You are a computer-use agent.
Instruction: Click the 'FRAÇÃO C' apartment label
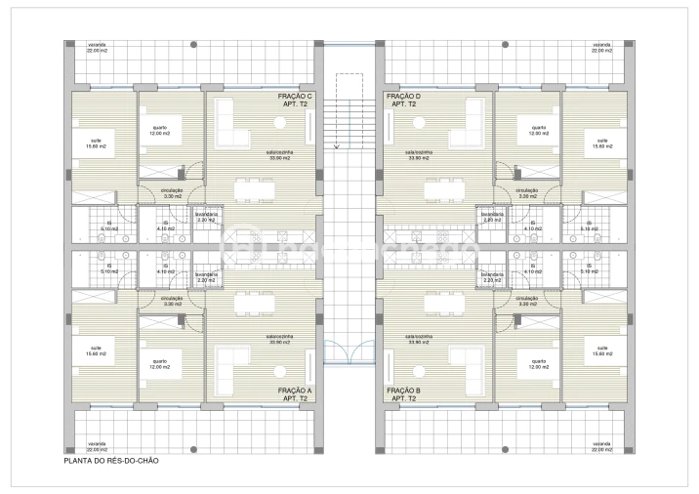coord(296,97)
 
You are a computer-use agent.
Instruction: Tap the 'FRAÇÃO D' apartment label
coord(403,97)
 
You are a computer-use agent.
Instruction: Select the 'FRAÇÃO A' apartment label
coord(296,391)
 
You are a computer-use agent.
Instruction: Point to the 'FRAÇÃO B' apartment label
coord(403,391)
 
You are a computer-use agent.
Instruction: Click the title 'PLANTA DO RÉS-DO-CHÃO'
coord(110,460)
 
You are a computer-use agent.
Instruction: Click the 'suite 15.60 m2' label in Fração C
coord(96,144)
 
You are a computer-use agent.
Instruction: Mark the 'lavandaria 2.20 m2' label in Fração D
coord(491,217)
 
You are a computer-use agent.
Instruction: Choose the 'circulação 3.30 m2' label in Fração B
coord(527,302)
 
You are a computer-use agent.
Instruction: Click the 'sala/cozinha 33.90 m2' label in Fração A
coord(280,340)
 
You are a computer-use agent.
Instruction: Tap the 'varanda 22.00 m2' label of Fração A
coord(96,447)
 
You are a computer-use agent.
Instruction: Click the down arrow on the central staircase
coord(337,146)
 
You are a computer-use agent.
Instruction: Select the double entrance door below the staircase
coord(349,350)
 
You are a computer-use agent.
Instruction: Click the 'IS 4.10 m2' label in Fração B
coord(533,267)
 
